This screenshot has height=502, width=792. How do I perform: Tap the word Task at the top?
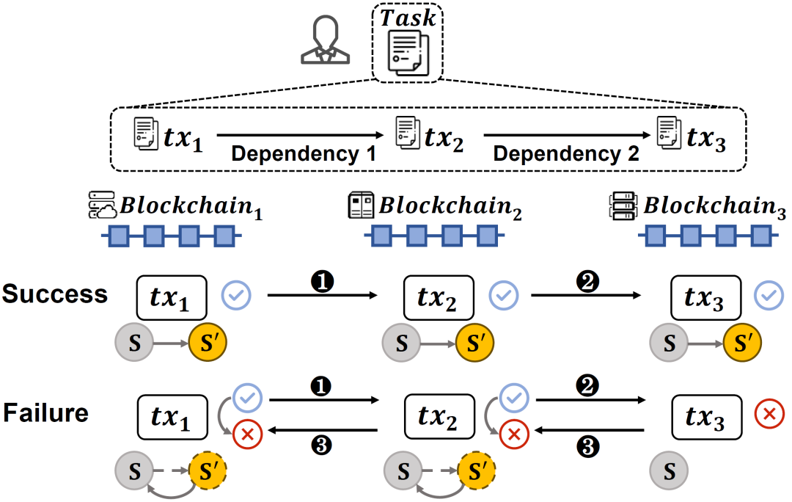[407, 18]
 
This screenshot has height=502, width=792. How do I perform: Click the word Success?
[54, 294]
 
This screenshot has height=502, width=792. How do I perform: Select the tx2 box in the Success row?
[439, 297]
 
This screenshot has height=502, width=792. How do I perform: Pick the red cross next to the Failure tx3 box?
[769, 415]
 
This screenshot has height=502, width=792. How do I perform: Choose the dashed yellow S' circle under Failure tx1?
[208, 468]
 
